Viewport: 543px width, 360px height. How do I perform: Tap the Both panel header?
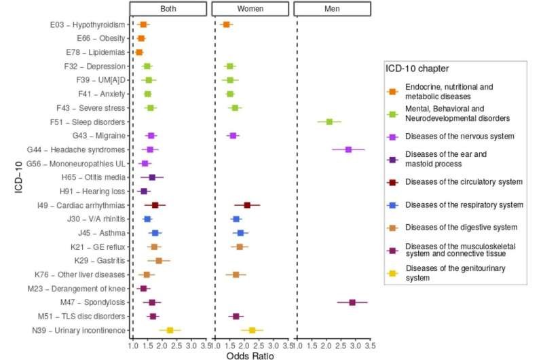point(168,10)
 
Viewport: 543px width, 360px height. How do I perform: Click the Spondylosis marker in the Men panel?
point(352,302)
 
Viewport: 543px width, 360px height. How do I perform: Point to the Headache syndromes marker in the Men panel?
point(348,149)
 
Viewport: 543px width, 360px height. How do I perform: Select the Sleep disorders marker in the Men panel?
point(329,122)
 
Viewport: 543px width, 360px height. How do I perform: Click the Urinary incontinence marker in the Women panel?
point(252,330)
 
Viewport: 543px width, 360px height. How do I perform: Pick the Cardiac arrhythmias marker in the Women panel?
point(247,205)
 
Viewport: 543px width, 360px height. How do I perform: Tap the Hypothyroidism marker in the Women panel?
point(227,24)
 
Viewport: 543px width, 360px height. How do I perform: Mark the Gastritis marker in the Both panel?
point(159,260)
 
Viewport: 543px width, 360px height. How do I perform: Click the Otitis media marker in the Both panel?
point(152,177)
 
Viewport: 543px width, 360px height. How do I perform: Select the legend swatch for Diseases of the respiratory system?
point(392,204)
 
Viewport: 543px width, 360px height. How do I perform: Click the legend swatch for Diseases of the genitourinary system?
point(392,273)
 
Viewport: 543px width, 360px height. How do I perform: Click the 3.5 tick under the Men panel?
point(369,345)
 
